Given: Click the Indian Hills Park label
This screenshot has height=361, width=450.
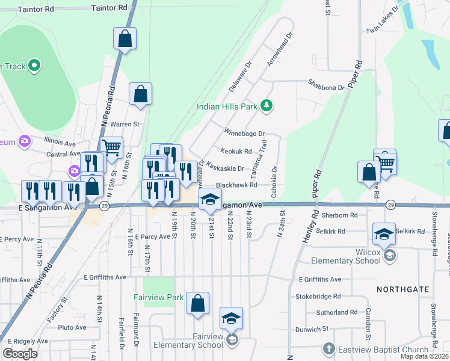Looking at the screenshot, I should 227,107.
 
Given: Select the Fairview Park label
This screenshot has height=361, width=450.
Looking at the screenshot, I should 158,297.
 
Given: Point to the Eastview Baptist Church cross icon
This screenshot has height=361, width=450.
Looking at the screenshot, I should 328,348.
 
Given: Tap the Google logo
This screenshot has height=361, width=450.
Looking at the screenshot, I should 20,354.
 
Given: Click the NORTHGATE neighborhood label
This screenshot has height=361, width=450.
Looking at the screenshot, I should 403,289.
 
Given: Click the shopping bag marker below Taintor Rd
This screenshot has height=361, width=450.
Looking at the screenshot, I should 125,39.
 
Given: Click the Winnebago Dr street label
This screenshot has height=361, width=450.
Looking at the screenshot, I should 244,133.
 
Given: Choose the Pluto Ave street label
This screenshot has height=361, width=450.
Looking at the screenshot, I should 73,328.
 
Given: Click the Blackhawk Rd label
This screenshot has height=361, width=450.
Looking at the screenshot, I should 236,185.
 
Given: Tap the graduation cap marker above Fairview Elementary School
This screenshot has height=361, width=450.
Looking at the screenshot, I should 231,318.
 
